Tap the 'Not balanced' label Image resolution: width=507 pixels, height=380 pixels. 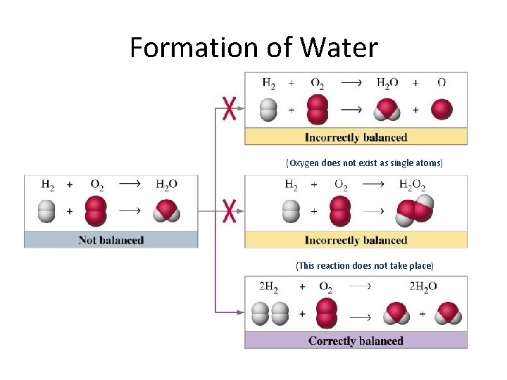[x=111, y=240]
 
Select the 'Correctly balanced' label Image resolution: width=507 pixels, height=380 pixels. [x=356, y=341]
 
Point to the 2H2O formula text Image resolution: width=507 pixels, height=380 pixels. [x=423, y=286]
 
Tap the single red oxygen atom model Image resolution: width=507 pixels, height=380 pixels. [x=442, y=110]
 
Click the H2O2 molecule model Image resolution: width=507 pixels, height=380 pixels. [x=414, y=210]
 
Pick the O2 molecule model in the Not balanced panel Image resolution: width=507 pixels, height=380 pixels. [x=96, y=210]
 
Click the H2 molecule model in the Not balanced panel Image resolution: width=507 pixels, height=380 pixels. [x=46, y=210]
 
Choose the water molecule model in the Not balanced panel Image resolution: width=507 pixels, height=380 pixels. [x=167, y=210]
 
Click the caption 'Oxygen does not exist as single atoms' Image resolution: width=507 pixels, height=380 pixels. [x=364, y=163]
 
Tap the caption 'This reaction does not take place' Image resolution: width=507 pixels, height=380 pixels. [x=364, y=265]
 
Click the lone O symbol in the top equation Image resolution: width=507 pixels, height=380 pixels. [x=442, y=82]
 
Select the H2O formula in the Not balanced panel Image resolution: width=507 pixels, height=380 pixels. [x=166, y=184]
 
